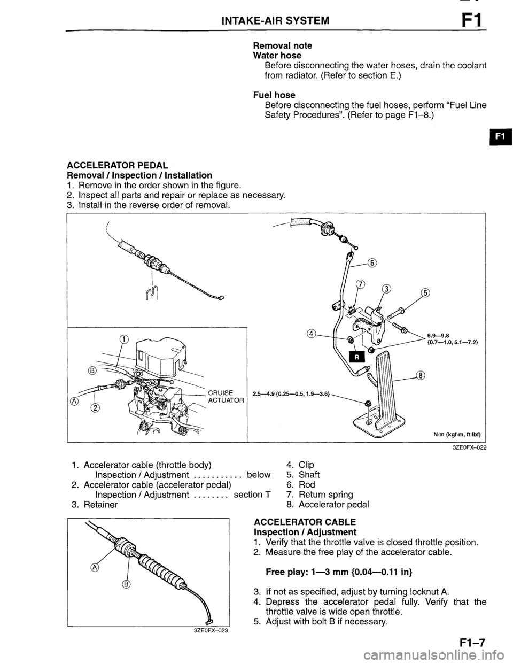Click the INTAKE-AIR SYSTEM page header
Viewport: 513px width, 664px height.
point(275,21)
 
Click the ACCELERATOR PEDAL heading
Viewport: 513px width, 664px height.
point(118,165)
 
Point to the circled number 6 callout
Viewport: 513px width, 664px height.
point(372,262)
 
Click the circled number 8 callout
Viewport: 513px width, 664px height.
point(421,375)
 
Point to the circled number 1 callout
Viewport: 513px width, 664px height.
point(124,338)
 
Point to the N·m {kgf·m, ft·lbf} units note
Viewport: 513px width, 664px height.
point(456,434)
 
